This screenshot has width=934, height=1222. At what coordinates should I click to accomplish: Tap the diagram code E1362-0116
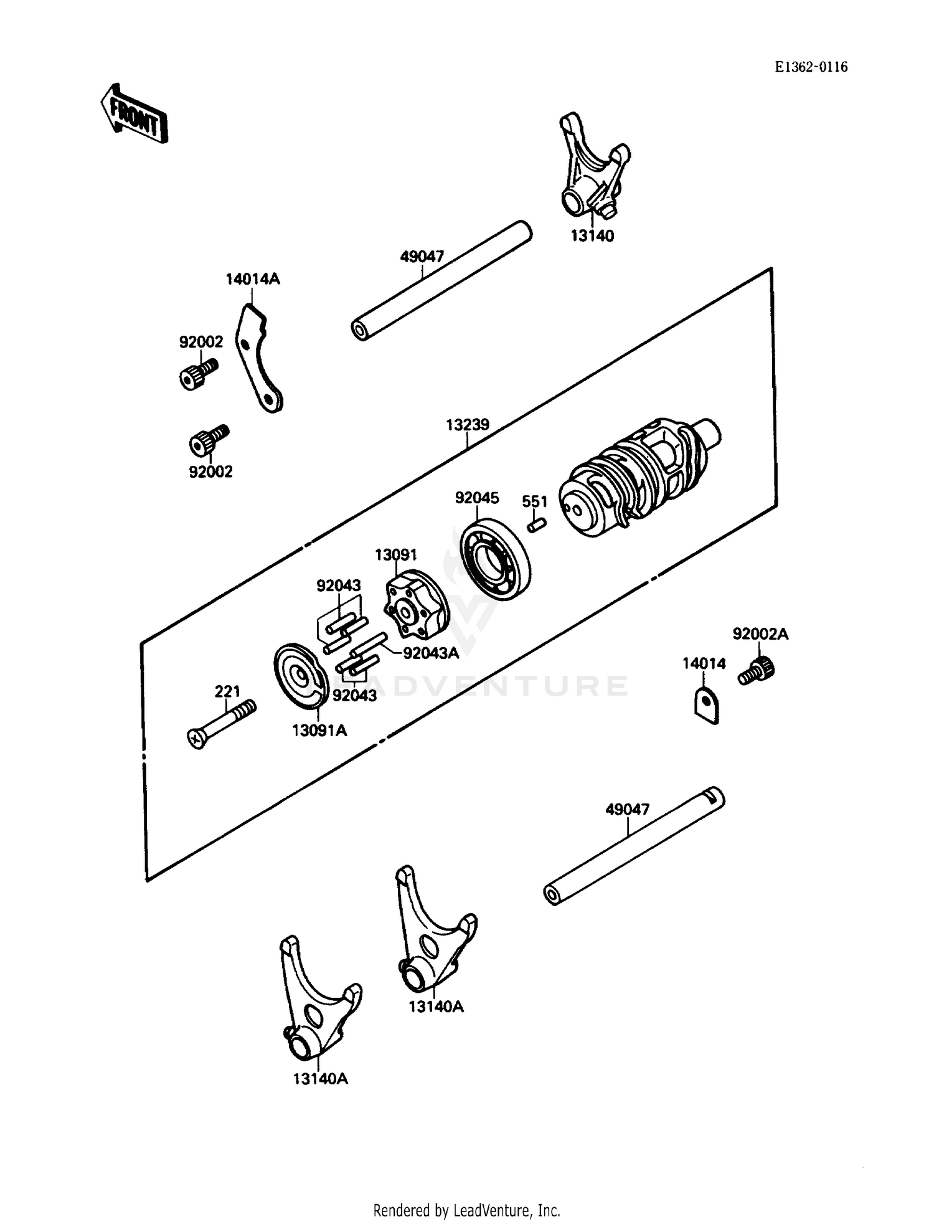pos(811,67)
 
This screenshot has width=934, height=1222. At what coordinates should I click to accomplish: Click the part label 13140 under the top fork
pos(592,236)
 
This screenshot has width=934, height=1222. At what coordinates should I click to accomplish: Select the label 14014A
pos(253,279)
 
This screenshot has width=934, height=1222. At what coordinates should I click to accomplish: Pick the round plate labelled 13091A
pos(301,676)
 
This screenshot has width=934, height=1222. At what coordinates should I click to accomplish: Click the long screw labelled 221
pos(222,724)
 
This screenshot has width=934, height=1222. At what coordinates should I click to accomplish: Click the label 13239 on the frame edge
pos(467,425)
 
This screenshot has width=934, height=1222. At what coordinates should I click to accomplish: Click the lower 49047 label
pos(627,809)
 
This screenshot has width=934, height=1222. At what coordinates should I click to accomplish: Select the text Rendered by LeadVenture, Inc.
pos(466,1210)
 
